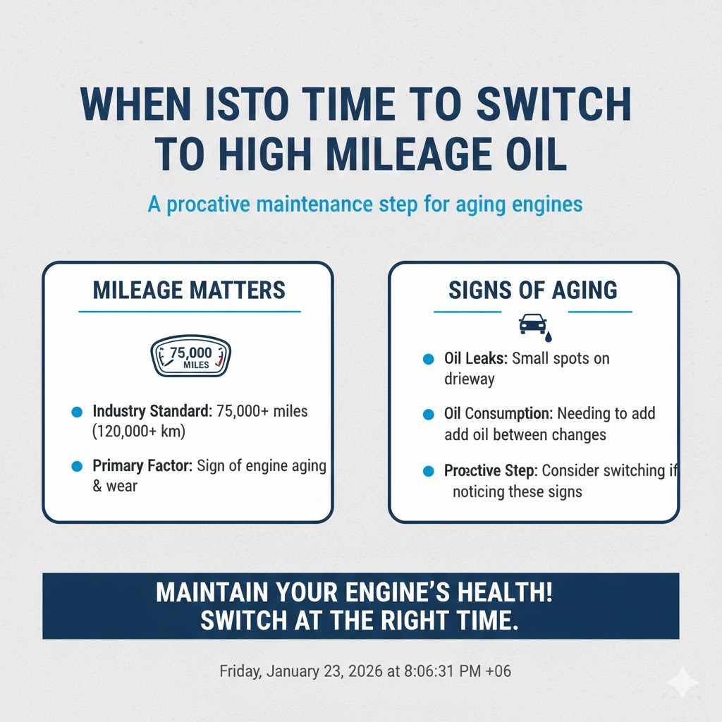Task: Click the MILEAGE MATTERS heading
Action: click(x=190, y=290)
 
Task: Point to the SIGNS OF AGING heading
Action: click(x=533, y=290)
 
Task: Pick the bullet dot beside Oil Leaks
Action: click(x=427, y=359)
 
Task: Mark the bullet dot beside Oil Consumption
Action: click(x=427, y=415)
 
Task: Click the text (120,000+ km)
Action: click(x=138, y=431)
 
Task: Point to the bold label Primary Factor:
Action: click(x=143, y=466)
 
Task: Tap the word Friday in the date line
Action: click(x=241, y=671)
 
